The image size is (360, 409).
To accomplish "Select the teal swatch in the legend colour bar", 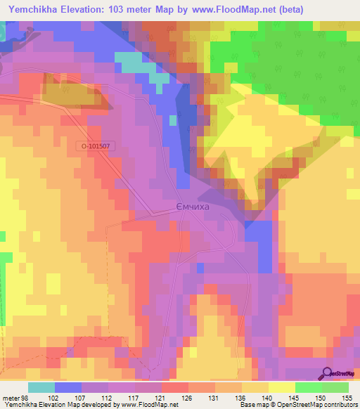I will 41,387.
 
